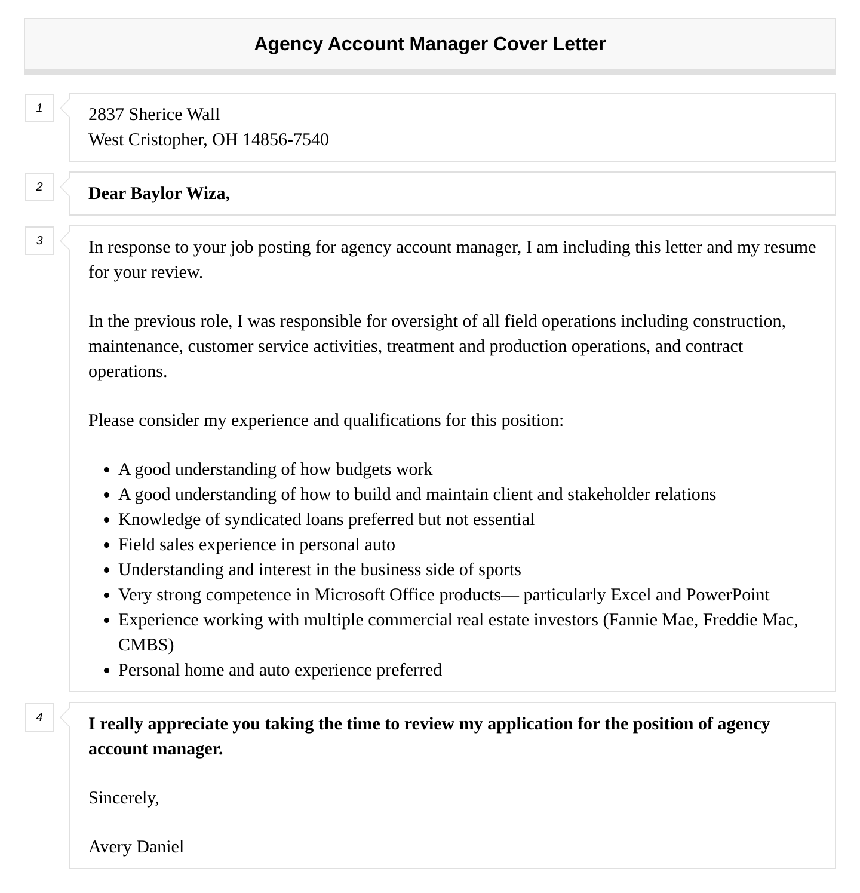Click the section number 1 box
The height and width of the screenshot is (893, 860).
click(x=39, y=108)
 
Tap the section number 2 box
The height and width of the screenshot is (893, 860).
click(x=39, y=187)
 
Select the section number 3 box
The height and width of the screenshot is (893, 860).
click(x=39, y=241)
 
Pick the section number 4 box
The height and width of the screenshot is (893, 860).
click(x=39, y=717)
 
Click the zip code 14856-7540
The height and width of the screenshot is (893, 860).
click(x=285, y=140)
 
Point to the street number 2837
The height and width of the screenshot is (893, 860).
click(x=106, y=115)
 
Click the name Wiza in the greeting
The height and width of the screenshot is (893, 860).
click(x=207, y=194)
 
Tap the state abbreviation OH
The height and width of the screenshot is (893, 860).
click(x=225, y=140)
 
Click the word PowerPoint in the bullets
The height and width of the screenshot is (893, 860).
click(x=727, y=595)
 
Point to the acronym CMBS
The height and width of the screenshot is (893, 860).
click(x=146, y=645)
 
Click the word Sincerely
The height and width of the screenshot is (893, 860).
click(x=123, y=798)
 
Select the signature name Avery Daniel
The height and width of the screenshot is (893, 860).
click(x=136, y=847)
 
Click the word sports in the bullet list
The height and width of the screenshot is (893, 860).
click(x=499, y=570)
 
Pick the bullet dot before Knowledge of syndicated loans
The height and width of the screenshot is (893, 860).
click(x=107, y=520)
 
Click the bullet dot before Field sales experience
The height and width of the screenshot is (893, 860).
click(x=107, y=545)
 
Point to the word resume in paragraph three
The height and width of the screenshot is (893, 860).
click(x=790, y=247)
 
